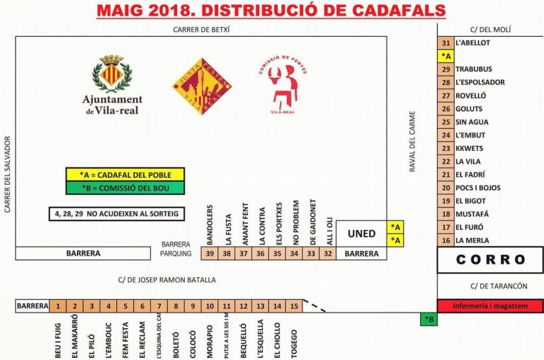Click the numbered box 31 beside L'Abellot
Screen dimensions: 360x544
pyautogui.click(x=446, y=43)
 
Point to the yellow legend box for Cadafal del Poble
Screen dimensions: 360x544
pyautogui.click(x=125, y=174)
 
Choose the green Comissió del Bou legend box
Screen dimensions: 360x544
pyautogui.click(x=125, y=188)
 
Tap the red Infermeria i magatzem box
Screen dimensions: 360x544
pyautogui.click(x=490, y=306)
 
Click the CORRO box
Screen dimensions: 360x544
pyautogui.click(x=490, y=259)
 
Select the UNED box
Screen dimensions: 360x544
pyautogui.click(x=362, y=234)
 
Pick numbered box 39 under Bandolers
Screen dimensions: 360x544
pyautogui.click(x=209, y=253)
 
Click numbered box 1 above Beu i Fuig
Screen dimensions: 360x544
pyautogui.click(x=57, y=306)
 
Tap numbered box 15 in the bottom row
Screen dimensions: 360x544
pyautogui.click(x=294, y=306)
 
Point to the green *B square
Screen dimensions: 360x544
pyautogui.click(x=428, y=320)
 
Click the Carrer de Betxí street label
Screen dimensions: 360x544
pyautogui.click(x=202, y=29)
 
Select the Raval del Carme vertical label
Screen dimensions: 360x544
pyautogui.click(x=412, y=141)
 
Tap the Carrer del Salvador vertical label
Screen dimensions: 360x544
pyautogui.click(x=9, y=173)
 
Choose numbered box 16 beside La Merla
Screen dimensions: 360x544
pyautogui.click(x=446, y=240)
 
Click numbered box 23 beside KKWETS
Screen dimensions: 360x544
pyautogui.click(x=446, y=148)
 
